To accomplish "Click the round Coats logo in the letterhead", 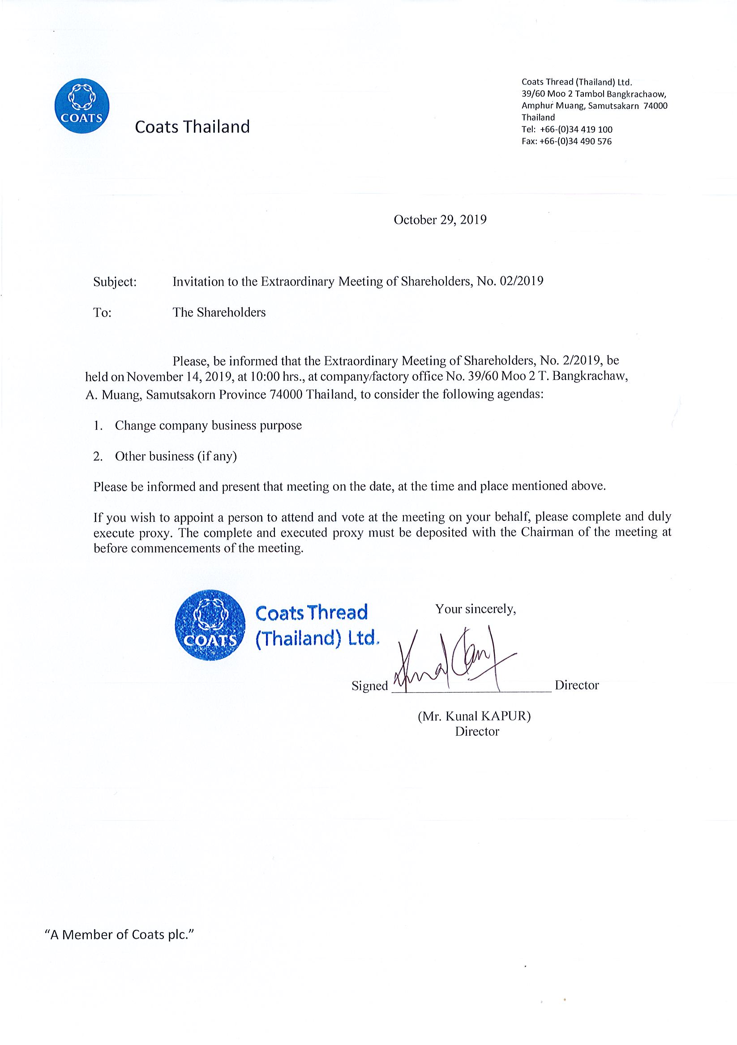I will coord(81,106).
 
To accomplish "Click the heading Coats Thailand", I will coord(193,126).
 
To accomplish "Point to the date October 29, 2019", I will coord(440,220).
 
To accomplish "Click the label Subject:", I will coord(115,282).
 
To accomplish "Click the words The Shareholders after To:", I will coord(219,312).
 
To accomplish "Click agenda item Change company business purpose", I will coord(208,425).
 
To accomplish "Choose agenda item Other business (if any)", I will coord(176,456).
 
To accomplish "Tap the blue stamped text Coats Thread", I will coord(312,613).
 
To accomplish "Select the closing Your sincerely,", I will coord(476,609).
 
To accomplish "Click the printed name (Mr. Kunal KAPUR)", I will coord(474,716).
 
